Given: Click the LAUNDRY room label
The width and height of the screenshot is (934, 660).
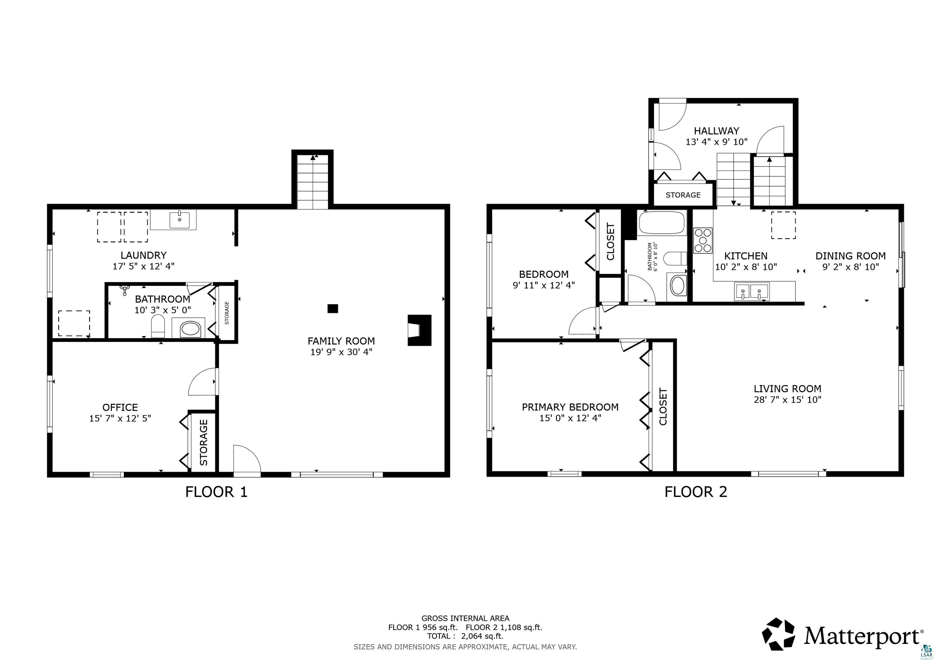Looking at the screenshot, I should (x=143, y=255).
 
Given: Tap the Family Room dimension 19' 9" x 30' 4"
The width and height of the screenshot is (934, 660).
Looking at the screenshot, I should (x=341, y=352).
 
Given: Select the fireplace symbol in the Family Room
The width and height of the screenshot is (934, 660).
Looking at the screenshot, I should (x=419, y=330).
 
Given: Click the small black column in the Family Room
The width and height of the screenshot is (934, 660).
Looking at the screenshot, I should (x=333, y=309).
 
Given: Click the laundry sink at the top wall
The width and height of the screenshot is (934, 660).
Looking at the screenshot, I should (x=179, y=220).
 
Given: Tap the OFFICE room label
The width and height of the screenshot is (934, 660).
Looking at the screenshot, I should (x=120, y=407).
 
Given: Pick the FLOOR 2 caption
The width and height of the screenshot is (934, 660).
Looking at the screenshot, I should (x=696, y=492).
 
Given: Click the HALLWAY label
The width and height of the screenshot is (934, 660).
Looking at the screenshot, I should (x=716, y=131).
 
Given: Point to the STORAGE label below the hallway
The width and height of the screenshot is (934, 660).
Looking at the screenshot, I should (x=683, y=195).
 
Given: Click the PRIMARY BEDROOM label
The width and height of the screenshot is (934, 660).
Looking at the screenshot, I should (x=570, y=407).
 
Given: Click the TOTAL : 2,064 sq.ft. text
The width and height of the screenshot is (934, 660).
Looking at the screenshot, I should (x=465, y=636).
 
